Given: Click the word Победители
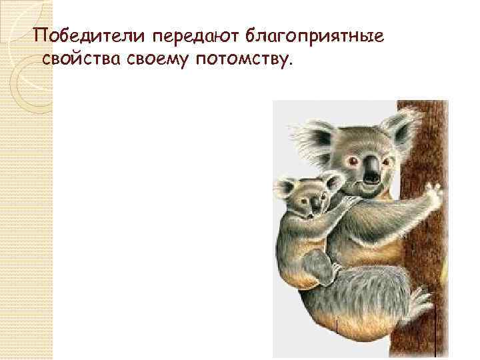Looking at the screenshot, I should click(x=78, y=35).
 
